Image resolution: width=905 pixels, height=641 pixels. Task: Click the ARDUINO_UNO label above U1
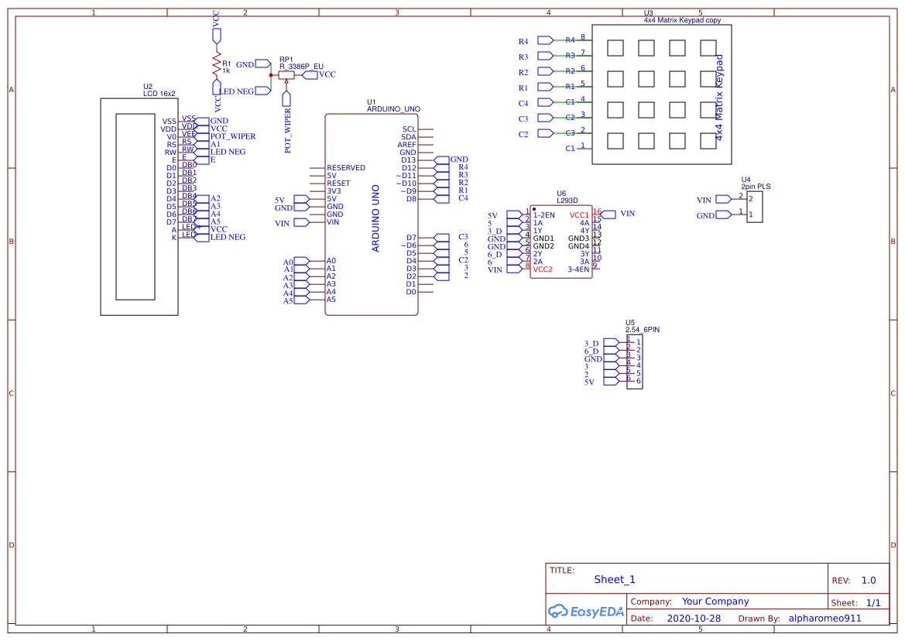click(x=393, y=109)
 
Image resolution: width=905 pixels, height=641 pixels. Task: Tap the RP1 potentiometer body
click(x=286, y=75)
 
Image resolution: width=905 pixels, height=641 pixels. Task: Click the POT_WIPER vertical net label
click(x=288, y=131)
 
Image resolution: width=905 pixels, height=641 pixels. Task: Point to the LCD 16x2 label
click(x=159, y=94)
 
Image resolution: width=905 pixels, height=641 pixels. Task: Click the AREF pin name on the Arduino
click(x=407, y=145)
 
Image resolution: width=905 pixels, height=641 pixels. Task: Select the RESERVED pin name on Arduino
click(x=346, y=168)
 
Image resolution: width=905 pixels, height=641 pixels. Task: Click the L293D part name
click(x=567, y=201)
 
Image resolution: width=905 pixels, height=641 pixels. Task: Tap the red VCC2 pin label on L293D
click(x=543, y=269)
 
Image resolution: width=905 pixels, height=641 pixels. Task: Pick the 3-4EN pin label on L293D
click(x=578, y=269)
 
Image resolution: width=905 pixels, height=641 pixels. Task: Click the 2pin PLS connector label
click(x=756, y=187)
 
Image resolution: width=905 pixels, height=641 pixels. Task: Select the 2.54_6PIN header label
click(x=643, y=330)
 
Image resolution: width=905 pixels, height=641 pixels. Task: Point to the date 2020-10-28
click(x=694, y=619)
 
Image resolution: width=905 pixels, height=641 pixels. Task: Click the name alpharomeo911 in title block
click(x=824, y=619)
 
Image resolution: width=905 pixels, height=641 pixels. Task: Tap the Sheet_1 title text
click(x=615, y=579)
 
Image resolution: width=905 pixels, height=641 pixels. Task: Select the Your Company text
click(x=715, y=602)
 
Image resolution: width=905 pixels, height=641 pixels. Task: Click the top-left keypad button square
click(x=615, y=48)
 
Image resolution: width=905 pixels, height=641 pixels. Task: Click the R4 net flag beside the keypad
click(x=545, y=40)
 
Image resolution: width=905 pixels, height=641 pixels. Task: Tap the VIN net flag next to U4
click(x=722, y=200)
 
